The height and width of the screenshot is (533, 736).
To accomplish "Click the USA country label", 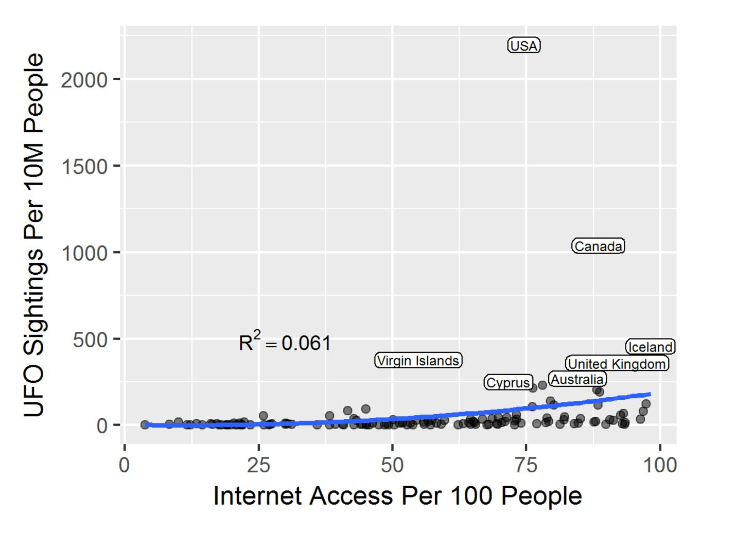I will pos(524,46).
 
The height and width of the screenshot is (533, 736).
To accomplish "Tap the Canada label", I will pos(598,246).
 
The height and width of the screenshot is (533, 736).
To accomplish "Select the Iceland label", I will pos(650,347).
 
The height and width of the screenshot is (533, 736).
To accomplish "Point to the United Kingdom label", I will pos(617,364).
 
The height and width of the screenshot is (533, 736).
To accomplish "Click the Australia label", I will pos(577,380).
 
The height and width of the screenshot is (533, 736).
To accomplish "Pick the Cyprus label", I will pos(508,382).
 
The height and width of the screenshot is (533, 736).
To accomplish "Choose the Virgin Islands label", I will pos(418,361).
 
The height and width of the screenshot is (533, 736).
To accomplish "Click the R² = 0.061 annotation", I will pos(285,343).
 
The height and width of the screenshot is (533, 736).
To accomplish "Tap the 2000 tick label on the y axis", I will pos(84,80).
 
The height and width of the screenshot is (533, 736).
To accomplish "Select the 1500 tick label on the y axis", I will pos(84,167).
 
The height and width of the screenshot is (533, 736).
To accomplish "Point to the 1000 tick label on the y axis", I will pos(84,253).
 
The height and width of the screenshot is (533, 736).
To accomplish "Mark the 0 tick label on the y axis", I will pos(101,426).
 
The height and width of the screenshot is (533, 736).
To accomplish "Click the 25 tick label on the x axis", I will pos(258,465).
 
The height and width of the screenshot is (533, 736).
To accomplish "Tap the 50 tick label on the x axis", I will pos(392,465).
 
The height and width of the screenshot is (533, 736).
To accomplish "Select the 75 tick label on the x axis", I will pos(526,465).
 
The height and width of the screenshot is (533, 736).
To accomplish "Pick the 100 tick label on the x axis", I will pos(660,465).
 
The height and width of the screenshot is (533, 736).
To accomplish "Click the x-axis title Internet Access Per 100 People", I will pos(397,496).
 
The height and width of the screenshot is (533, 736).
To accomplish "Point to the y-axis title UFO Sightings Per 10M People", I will pos(34,235).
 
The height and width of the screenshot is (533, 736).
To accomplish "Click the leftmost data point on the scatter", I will pos(145,424).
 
